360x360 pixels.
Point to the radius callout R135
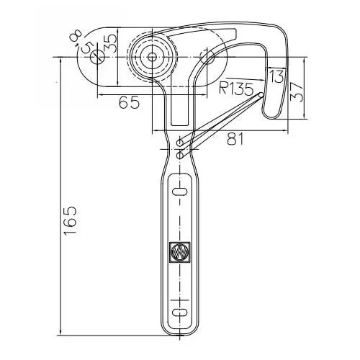click(237, 89)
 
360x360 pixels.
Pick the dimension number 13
click(275, 76)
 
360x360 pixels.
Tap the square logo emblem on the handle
click(178, 251)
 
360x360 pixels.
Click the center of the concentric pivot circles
click(153, 57)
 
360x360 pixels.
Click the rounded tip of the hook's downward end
click(271, 115)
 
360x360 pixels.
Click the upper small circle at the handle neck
click(179, 143)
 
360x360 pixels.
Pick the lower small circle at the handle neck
click(179, 155)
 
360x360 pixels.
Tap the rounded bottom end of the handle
click(179, 333)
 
